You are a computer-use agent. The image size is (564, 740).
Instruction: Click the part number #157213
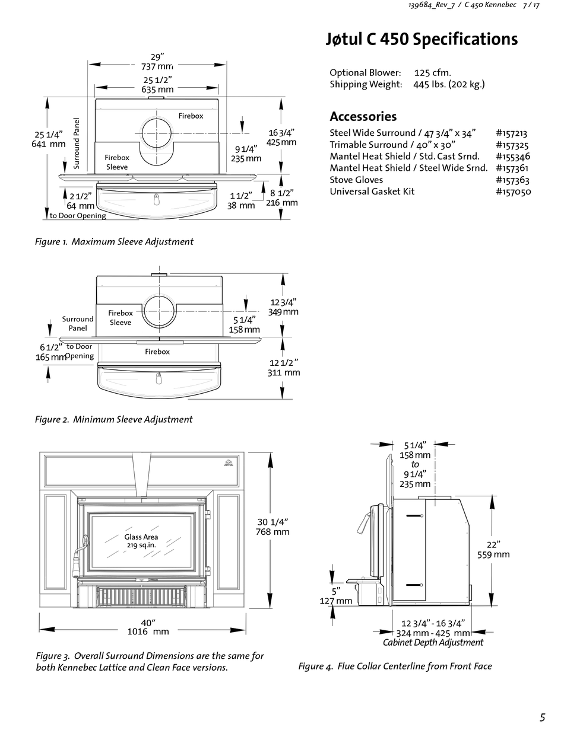[x=511, y=133]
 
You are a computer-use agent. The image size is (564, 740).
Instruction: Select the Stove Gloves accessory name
[x=356, y=180]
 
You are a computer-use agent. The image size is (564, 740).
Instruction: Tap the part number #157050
[x=513, y=192]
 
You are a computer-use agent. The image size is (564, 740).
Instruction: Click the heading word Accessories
[x=363, y=116]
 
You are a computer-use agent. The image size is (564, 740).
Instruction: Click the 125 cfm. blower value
[x=432, y=72]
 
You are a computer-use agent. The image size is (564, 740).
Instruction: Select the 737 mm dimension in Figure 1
[x=157, y=67]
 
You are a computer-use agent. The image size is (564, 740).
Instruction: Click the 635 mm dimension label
[x=157, y=90]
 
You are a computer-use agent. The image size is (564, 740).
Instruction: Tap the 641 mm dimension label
[x=48, y=144]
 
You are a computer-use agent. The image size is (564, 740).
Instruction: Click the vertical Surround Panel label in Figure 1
[x=77, y=143]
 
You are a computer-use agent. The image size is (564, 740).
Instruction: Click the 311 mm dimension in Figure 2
[x=284, y=372]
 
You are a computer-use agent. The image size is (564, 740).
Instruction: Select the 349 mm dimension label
[x=283, y=312]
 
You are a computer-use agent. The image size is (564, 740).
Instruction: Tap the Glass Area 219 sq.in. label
[x=141, y=541]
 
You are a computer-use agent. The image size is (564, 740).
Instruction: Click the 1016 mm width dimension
[x=148, y=631]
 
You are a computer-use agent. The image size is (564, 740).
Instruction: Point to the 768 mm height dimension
[x=273, y=532]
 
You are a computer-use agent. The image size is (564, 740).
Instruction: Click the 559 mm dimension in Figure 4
[x=493, y=554]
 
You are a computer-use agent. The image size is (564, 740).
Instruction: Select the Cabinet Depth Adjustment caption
[x=433, y=642]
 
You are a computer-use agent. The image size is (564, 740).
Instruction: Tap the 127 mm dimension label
[x=336, y=601]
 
